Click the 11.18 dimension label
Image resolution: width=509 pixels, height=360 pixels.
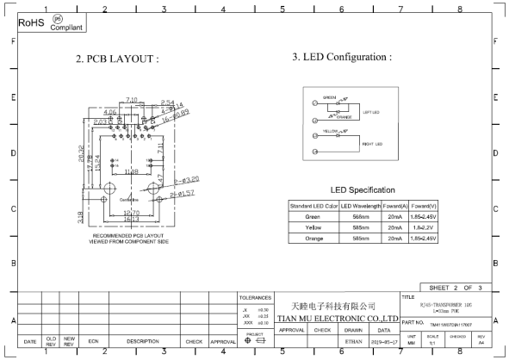tap(130, 172)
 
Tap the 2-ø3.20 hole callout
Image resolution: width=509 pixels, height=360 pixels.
tap(187, 182)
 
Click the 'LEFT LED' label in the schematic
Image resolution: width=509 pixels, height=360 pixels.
tap(370, 112)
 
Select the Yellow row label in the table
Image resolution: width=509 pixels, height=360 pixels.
tap(313, 227)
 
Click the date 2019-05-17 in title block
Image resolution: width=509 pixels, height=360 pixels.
tap(383, 342)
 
